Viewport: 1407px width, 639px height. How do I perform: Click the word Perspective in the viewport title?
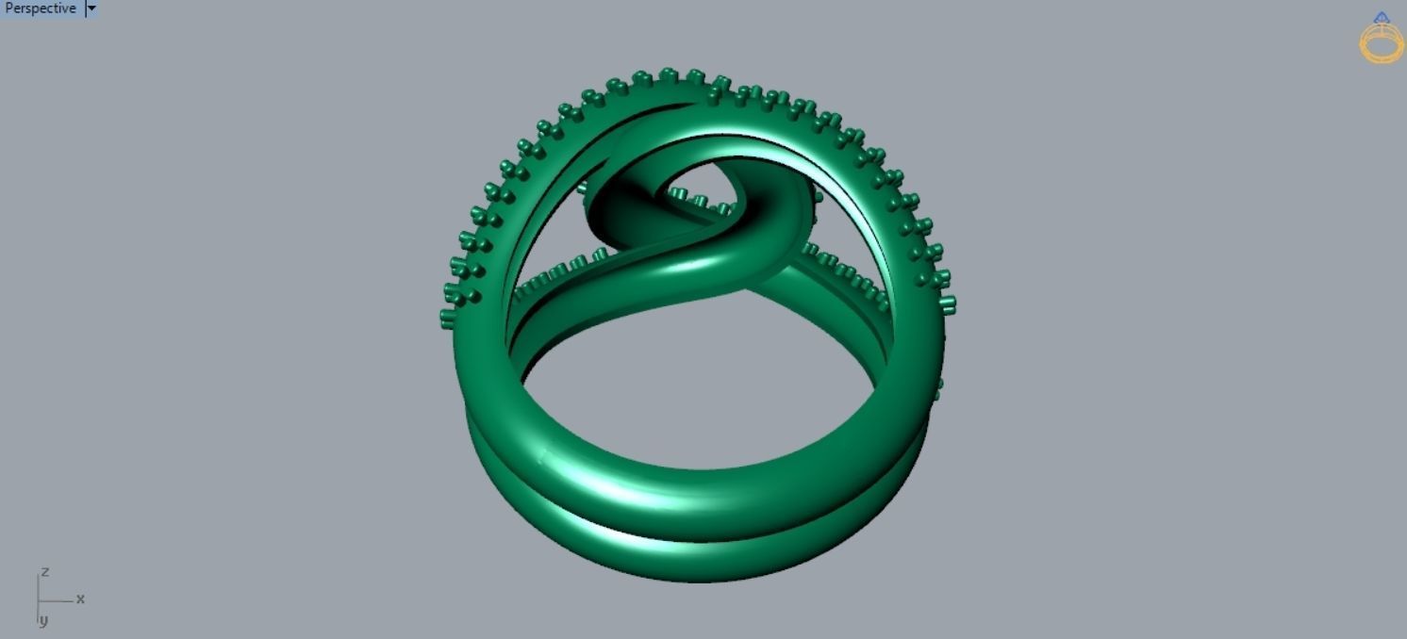(x=41, y=8)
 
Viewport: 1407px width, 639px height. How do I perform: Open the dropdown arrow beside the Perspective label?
(x=91, y=8)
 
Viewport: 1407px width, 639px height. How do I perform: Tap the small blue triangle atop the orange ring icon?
(x=1382, y=17)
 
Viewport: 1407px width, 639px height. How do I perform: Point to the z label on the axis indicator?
(x=44, y=572)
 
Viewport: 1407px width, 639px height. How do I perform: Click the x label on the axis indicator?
(x=80, y=598)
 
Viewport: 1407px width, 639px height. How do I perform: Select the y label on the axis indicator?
(x=43, y=620)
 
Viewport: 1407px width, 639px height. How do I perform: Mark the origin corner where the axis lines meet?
(x=39, y=600)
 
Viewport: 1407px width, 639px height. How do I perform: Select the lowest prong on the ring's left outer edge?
(x=447, y=319)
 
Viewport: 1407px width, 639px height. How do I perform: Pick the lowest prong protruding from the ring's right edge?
(x=938, y=388)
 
